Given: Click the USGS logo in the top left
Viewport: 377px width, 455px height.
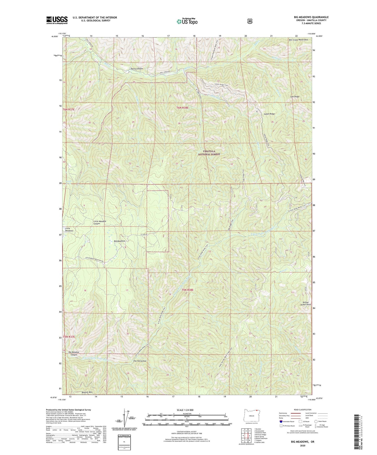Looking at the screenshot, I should pyautogui.click(x=57, y=20).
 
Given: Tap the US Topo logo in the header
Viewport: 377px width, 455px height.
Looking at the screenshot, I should pyautogui.click(x=187, y=21).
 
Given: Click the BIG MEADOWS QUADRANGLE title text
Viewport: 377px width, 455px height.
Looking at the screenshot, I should pyautogui.click(x=311, y=17).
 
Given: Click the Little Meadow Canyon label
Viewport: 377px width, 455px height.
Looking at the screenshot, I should pyautogui.click(x=100, y=222).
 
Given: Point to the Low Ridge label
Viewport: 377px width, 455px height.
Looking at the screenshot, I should pyautogui.click(x=295, y=97).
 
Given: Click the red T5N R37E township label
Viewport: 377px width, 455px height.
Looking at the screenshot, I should pyautogui.click(x=69, y=337).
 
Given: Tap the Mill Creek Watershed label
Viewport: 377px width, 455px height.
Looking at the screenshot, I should pyautogui.click(x=298, y=40).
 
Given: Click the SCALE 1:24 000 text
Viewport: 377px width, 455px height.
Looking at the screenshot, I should pyautogui.click(x=185, y=410).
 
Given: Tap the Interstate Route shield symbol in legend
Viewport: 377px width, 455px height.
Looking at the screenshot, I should pyautogui.click(x=281, y=421).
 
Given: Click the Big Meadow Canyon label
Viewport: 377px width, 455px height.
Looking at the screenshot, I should pyautogui.click(x=74, y=353).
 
